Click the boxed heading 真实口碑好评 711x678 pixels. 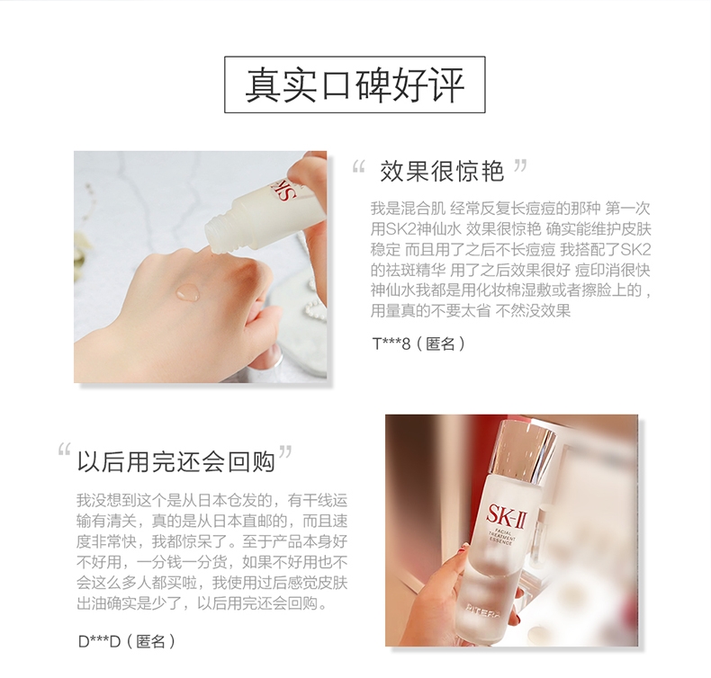355,85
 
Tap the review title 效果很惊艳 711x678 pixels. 442,172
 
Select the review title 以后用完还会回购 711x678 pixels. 175,462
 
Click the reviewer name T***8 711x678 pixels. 391,343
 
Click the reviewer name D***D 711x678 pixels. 99,641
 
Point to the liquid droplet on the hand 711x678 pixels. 188,291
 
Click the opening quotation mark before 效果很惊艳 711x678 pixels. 359,167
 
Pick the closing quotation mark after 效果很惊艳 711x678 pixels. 520,165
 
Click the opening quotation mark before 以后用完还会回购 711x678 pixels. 65,449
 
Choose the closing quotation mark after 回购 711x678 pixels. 285,451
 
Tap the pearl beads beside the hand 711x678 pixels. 315,308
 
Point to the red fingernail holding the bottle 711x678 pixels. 463,549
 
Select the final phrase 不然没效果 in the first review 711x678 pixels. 533,311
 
